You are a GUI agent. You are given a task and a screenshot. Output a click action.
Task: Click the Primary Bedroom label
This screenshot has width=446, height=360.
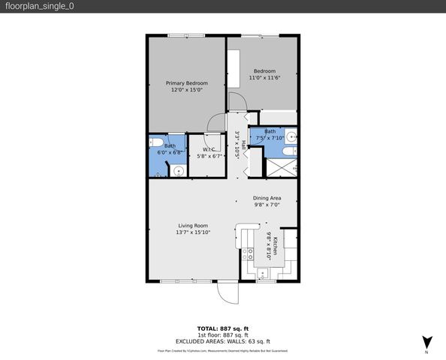[x=186, y=82]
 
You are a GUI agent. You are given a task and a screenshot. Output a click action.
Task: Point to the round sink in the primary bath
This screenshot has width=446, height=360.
[x=179, y=170]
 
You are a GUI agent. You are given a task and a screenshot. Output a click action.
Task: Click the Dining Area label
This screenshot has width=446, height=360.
[x=267, y=197]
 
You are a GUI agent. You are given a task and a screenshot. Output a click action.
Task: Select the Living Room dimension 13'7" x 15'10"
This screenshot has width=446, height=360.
[x=193, y=232]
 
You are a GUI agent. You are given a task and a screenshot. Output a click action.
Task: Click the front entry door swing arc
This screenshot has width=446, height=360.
[x=227, y=294]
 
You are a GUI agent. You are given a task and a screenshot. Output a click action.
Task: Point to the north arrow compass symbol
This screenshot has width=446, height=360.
[x=426, y=341]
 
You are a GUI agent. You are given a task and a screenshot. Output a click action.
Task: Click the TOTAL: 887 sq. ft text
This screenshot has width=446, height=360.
[x=223, y=329]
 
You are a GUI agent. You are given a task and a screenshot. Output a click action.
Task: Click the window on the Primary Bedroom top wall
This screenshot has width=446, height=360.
[x=179, y=34]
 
